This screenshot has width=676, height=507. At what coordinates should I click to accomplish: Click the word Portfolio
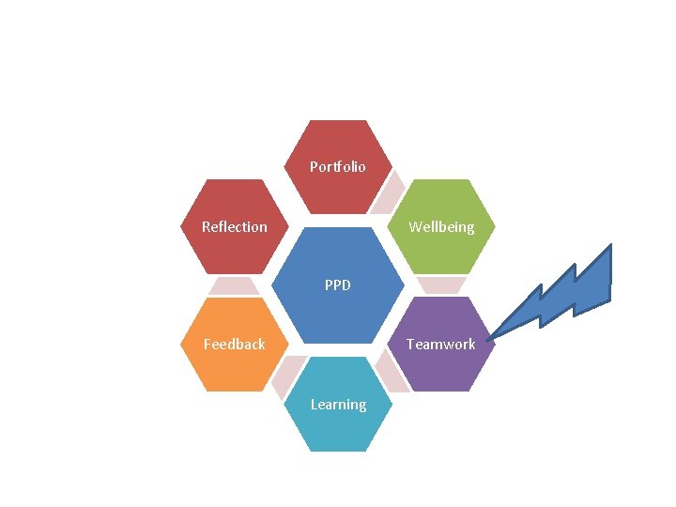coord(338,167)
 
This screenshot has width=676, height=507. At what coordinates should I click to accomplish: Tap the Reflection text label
coord(235,226)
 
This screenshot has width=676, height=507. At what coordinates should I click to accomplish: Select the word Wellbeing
coord(441,226)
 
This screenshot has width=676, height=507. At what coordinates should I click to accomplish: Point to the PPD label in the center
coord(338,284)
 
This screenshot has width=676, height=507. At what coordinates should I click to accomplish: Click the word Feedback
coord(235,344)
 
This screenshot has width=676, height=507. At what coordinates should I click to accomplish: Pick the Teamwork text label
coord(441,344)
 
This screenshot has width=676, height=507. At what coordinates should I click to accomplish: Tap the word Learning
coord(338,405)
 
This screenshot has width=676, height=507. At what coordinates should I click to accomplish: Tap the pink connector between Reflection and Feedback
coord(234,285)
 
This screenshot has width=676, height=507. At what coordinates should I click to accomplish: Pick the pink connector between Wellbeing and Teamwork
coord(441,285)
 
